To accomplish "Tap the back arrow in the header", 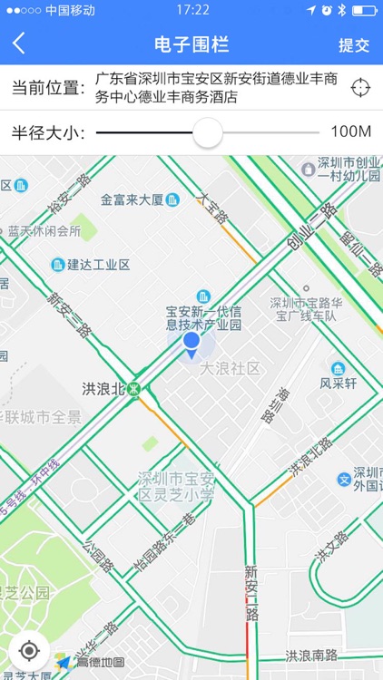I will (19, 44).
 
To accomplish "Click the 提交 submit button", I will (354, 44).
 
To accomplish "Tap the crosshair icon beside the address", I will (360, 88).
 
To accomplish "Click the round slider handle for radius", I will (208, 132).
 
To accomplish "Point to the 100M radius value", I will (350, 132).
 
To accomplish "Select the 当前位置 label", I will (47, 88).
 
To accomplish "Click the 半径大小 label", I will (47, 132).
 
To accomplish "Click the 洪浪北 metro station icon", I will (134, 389).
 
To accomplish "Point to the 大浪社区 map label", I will (230, 369).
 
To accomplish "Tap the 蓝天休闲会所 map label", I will (44, 231).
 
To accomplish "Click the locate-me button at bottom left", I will (29, 651).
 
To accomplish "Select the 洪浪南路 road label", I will (311, 656).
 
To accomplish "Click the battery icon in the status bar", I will (362, 10).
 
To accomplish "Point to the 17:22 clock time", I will (192, 10).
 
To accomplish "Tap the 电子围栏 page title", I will (191, 44).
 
